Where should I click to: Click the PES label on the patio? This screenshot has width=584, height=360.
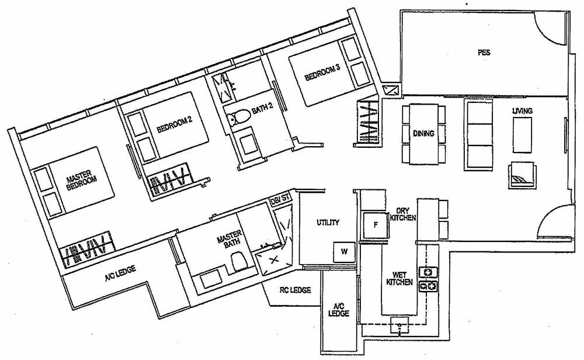483,53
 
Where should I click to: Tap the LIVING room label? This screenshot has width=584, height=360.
522,110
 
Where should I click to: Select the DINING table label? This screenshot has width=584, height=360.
423,133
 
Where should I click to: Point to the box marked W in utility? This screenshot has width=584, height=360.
345,252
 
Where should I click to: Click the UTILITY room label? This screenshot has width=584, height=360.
328,223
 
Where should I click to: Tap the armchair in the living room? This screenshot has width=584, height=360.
521,173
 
